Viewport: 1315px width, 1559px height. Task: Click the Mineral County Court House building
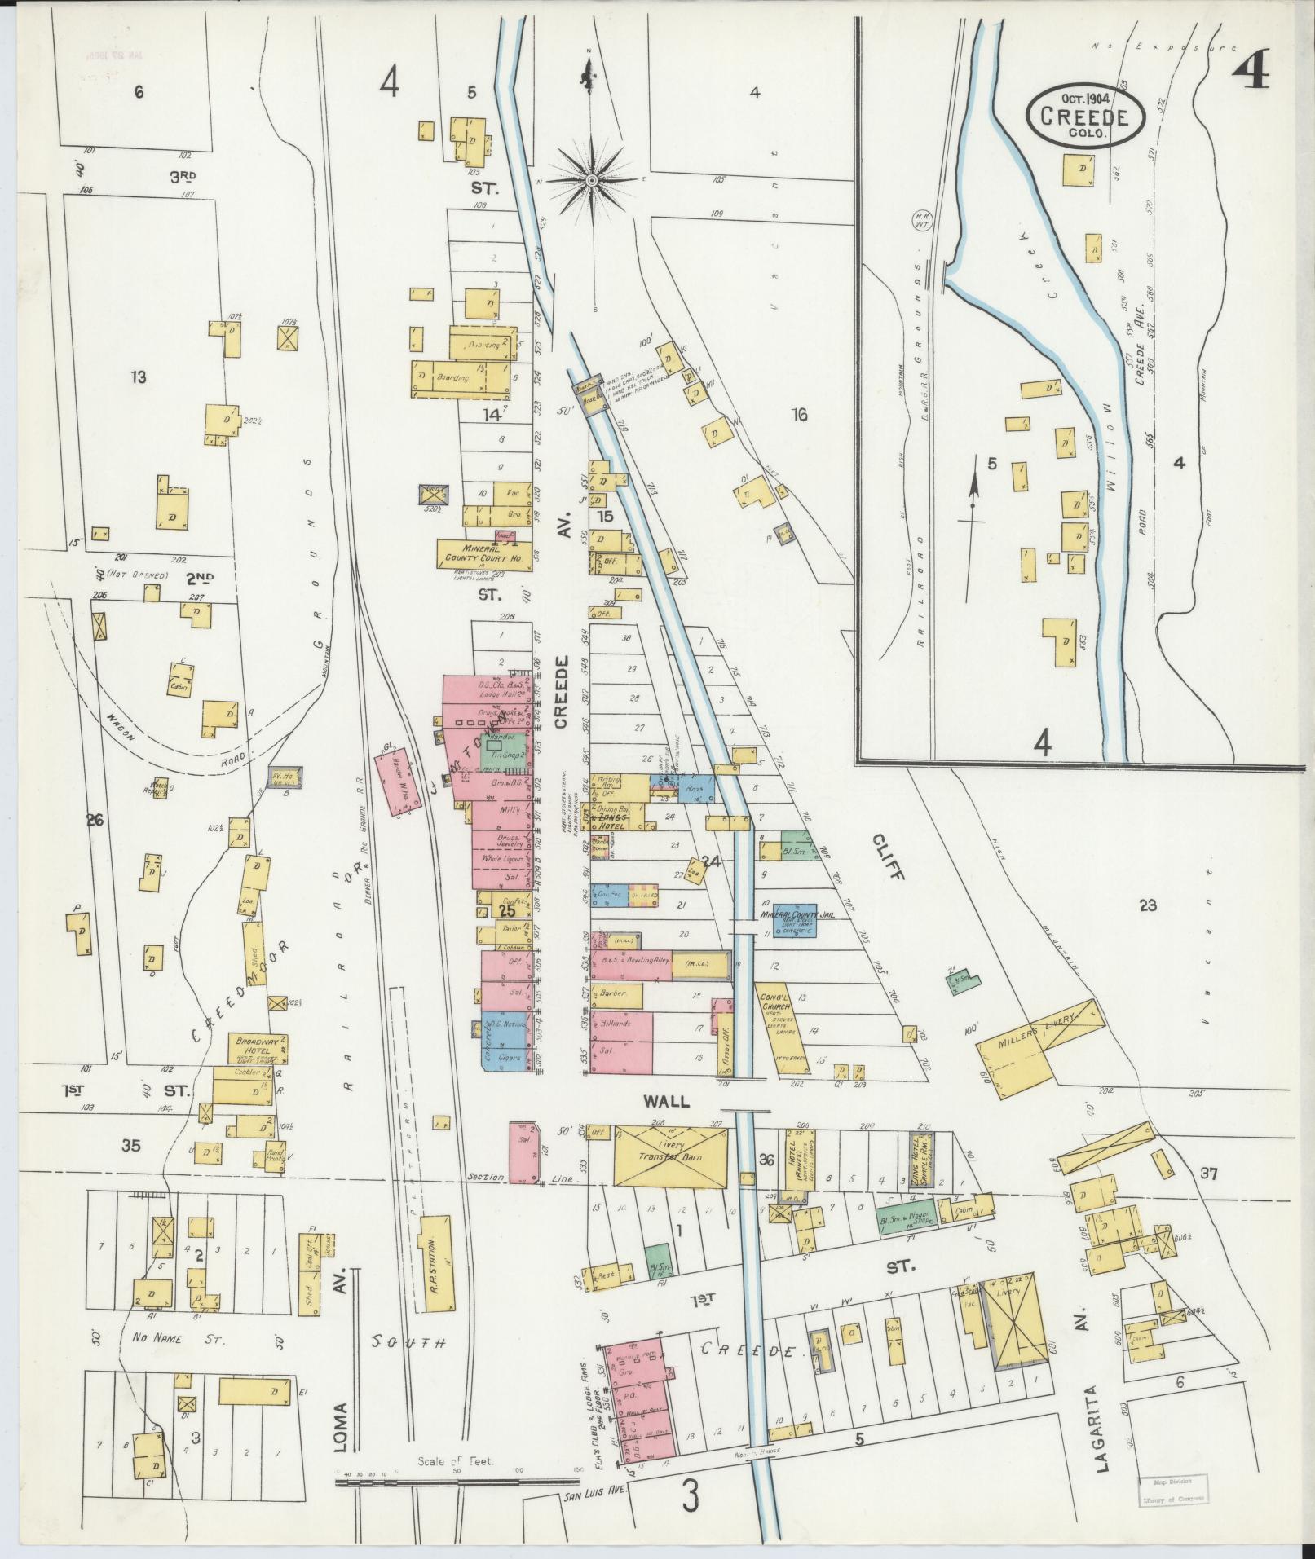[x=483, y=553]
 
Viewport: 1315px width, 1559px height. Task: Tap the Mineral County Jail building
[x=795, y=918]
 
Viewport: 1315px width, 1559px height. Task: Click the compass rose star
[x=593, y=178]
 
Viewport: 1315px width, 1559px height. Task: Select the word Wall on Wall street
[x=666, y=1101]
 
